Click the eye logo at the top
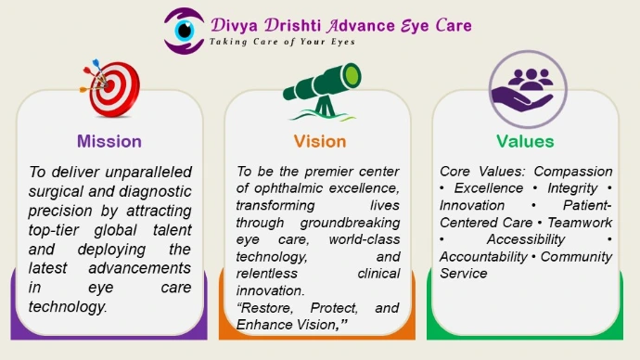click(184, 31)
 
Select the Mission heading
click(109, 142)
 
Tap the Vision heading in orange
click(320, 142)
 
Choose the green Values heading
click(525, 142)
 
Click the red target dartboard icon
click(110, 88)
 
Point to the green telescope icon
click(322, 92)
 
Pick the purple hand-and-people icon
click(528, 89)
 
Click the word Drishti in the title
click(292, 25)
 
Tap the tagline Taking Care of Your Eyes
click(282, 42)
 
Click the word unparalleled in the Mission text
click(148, 172)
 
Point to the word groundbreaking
click(350, 223)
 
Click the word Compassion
click(573, 172)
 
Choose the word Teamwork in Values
click(580, 223)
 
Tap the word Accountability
click(483, 257)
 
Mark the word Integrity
click(572, 188)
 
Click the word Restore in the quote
click(265, 308)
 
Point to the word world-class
click(365, 239)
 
